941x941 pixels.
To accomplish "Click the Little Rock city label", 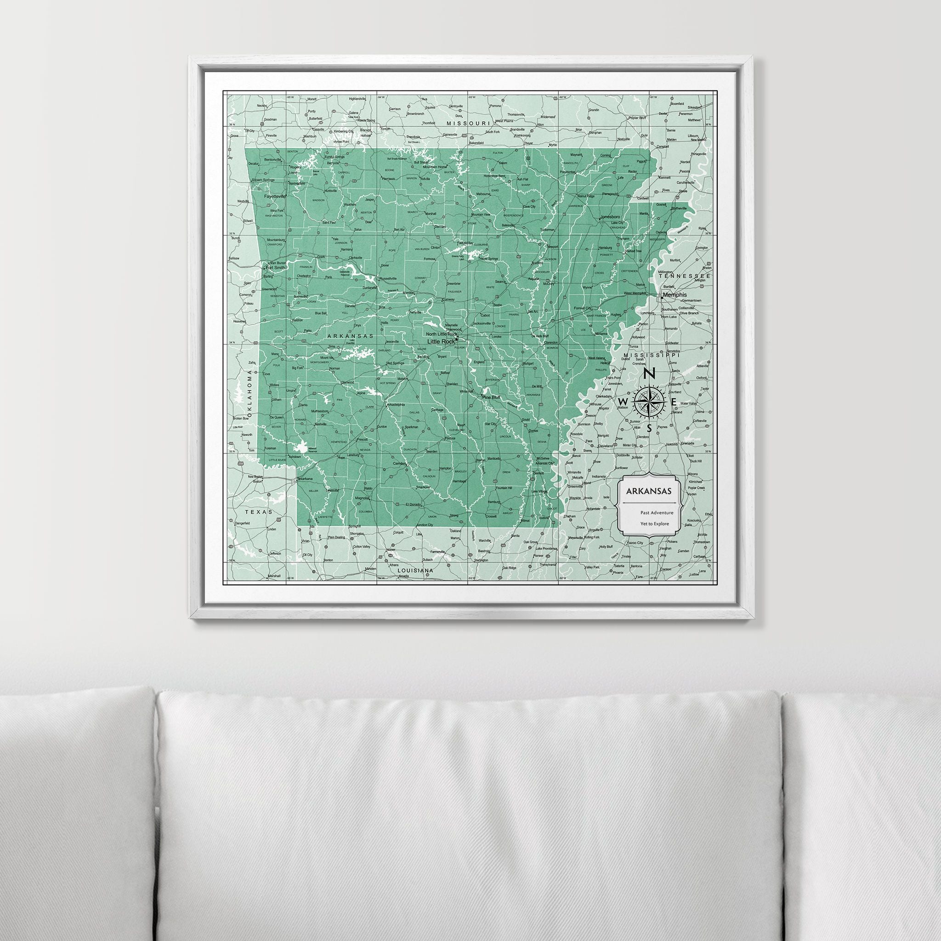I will (x=440, y=341).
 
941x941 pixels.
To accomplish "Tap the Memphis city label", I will (x=675, y=295).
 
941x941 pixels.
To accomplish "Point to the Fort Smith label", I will (x=275, y=267).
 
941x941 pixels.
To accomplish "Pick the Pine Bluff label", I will (x=491, y=397).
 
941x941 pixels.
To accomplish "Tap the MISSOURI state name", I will (x=468, y=124).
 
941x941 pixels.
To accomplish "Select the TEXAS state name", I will (x=256, y=512).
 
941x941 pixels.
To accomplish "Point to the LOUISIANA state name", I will (x=415, y=570).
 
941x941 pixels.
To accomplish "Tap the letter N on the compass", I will (x=649, y=374).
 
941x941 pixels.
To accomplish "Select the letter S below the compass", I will (x=649, y=429).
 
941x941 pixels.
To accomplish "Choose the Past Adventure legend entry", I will (x=657, y=512).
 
